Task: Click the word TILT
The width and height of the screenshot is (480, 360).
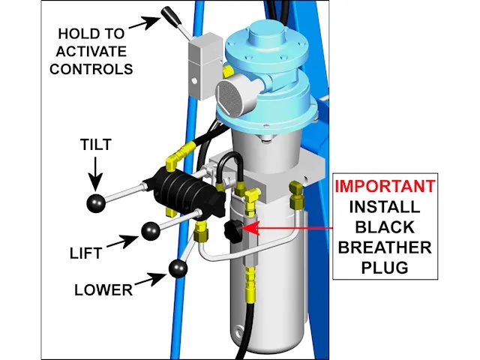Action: [95, 145]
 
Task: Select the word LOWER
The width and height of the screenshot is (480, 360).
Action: [103, 289]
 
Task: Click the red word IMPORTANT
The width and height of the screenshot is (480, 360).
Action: [384, 185]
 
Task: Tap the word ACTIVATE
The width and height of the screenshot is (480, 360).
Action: [95, 52]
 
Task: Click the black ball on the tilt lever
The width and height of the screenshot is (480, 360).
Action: [97, 202]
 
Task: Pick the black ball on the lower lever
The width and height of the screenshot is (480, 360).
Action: [178, 267]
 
